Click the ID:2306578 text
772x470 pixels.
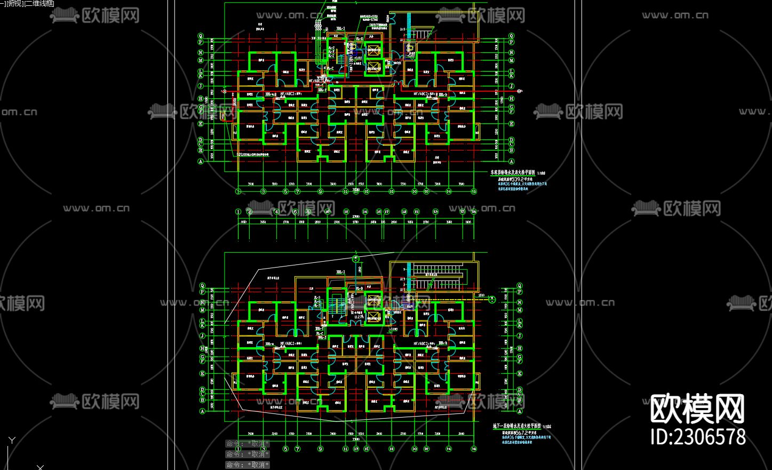pos(698,436)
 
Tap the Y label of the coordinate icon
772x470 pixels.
pos(12,441)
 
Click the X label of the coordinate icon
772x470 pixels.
pos(40,467)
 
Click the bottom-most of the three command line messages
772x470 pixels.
pos(248,465)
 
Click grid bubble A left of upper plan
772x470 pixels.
pos(201,161)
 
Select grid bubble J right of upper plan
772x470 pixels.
pos(511,86)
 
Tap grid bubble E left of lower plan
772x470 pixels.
pos(202,374)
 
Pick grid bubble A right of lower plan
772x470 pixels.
pos(520,411)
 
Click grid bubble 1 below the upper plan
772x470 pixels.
pos(237,191)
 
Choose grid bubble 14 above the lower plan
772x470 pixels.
pos(365,212)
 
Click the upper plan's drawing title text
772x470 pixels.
pos(513,173)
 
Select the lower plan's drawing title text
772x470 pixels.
pos(516,426)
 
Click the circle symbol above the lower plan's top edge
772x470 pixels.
pos(356,259)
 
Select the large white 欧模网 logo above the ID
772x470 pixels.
pos(697,409)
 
